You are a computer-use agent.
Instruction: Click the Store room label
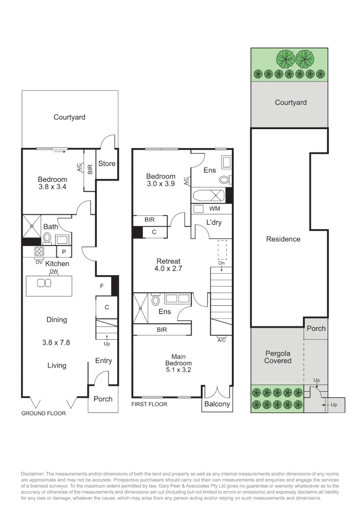tap(106, 164)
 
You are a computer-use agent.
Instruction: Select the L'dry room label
tap(213, 222)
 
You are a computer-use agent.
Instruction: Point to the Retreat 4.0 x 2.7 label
tap(168, 265)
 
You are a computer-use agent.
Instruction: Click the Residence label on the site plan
tap(283, 239)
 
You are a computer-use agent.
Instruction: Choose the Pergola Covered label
tap(278, 357)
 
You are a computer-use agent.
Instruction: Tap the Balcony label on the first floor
tap(217, 404)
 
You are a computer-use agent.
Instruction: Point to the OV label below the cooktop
tap(39, 262)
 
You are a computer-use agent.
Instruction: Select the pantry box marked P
tap(64, 252)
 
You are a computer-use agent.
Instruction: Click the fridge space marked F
tap(102, 286)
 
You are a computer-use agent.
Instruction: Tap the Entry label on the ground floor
tap(103, 361)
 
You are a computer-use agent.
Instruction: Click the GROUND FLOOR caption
tap(43, 413)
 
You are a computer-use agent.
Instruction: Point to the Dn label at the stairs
tap(222, 263)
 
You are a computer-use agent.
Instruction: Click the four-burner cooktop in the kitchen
tap(40, 252)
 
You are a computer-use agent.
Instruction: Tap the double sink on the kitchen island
tap(44, 283)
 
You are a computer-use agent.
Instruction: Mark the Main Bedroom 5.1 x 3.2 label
tap(178, 363)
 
